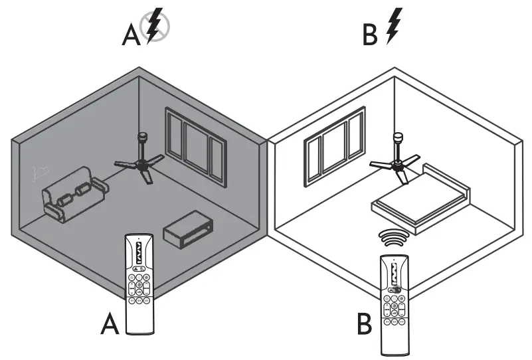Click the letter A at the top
pos(132,35)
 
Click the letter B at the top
pos(370,35)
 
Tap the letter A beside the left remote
pos(110,325)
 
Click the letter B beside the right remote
pos(364,325)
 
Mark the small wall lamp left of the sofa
pos(40,175)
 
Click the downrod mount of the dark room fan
pos(141,142)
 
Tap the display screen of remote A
pos(139,253)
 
